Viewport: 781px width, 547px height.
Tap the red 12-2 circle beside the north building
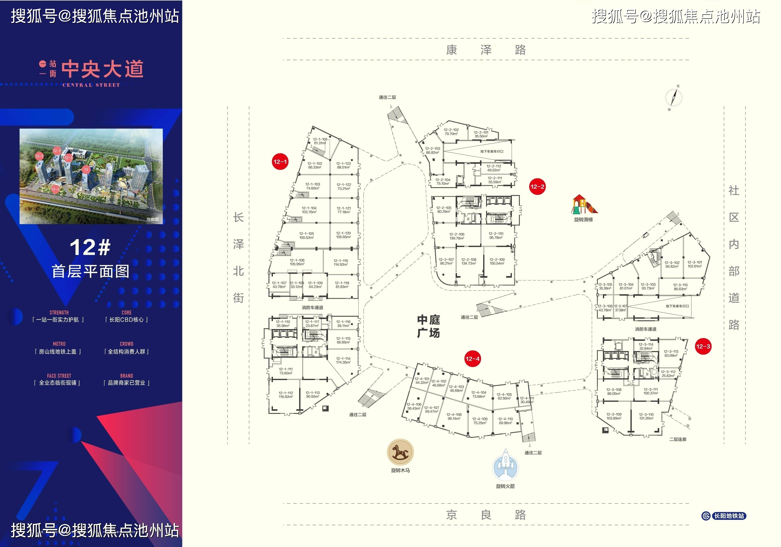(537, 186)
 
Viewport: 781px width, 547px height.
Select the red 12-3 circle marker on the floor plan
(703, 346)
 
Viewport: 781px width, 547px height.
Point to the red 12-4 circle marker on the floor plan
(472, 359)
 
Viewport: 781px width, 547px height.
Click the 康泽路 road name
(486, 50)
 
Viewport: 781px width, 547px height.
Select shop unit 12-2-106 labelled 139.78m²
(457, 236)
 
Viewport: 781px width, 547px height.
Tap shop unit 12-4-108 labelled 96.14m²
(454, 416)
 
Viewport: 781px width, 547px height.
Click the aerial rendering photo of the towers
(91, 176)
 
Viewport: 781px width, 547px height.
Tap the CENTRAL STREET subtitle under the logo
(91, 85)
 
